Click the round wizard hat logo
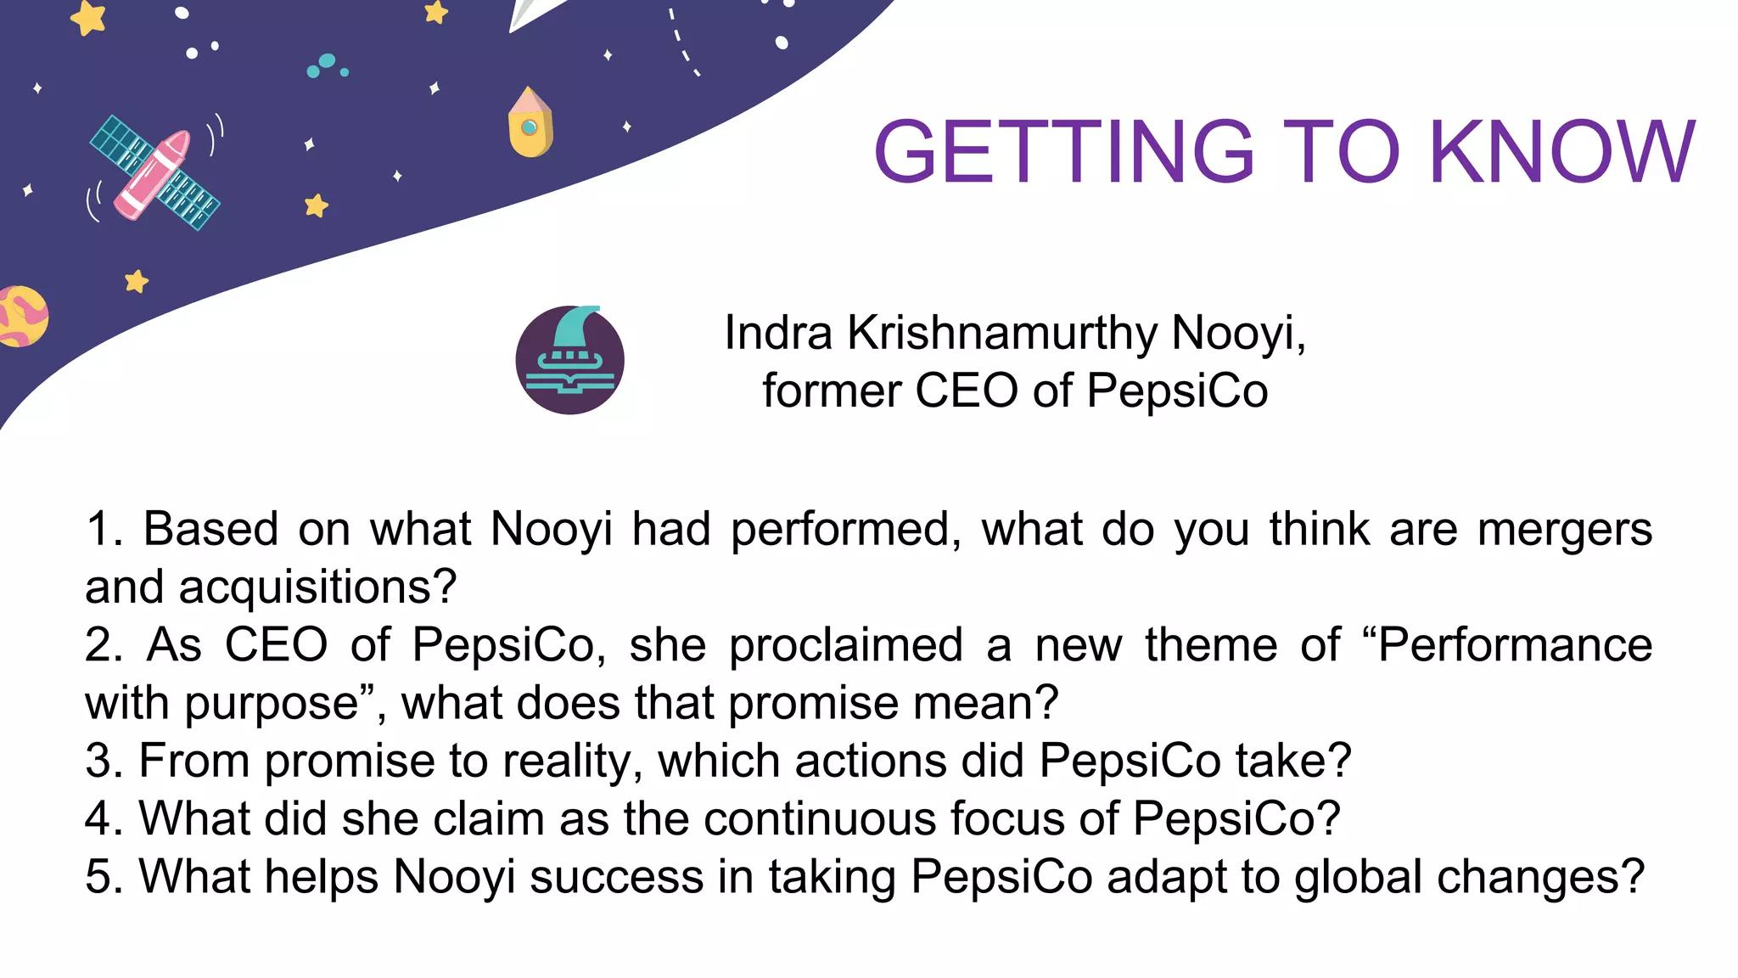(570, 360)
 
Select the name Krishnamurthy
(1002, 333)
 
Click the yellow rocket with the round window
(530, 123)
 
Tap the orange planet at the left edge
(21, 317)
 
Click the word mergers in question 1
(1565, 530)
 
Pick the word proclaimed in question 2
(846, 645)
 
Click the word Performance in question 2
(1515, 645)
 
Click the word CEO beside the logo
(967, 391)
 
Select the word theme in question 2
(1211, 645)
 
